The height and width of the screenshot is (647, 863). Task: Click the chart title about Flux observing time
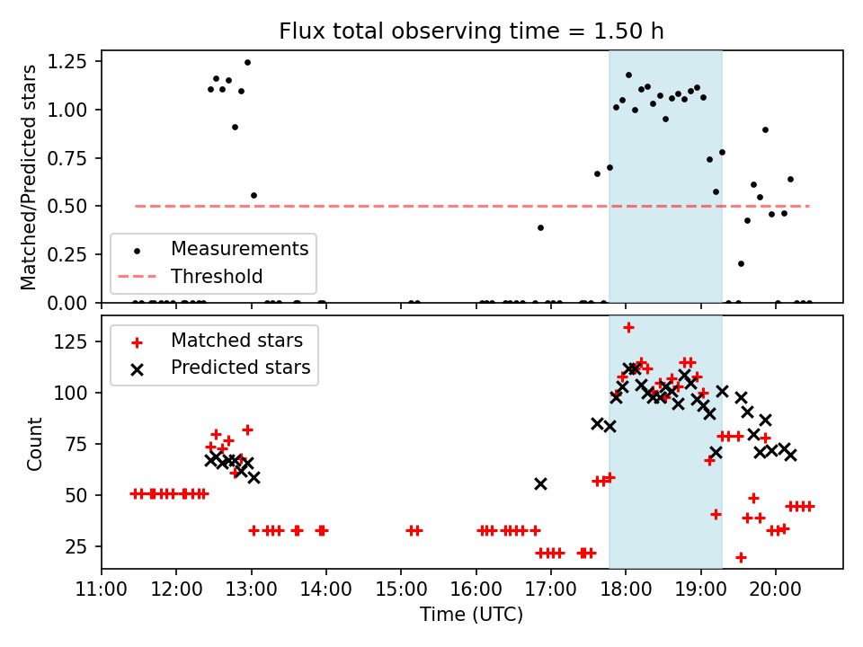point(471,31)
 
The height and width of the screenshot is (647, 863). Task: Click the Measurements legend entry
point(239,248)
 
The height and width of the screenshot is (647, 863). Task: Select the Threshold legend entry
point(217,276)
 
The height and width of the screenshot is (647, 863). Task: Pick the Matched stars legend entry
point(236,341)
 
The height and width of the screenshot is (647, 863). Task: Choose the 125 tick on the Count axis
point(76,342)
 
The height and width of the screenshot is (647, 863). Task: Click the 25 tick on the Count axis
point(81,547)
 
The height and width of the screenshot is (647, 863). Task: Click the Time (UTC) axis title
point(471,616)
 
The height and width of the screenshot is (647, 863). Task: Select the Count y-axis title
point(35,443)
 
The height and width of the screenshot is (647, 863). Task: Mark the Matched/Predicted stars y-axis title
point(30,177)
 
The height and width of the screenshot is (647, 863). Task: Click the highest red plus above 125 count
point(628,327)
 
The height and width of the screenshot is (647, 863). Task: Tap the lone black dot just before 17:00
point(540,227)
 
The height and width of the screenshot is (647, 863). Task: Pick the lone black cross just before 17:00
point(540,483)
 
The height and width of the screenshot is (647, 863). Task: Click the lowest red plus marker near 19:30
point(741,557)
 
